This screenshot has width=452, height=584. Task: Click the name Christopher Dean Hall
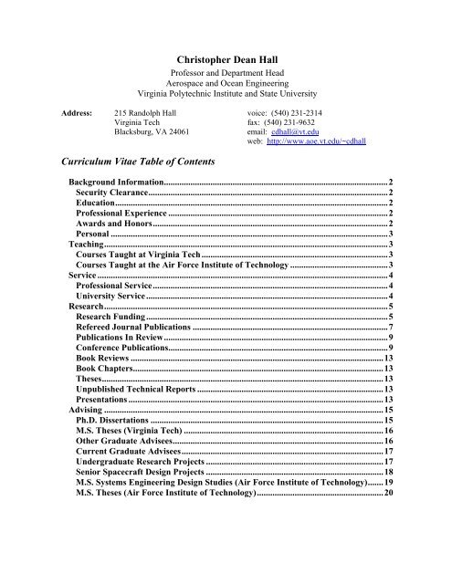[226, 57]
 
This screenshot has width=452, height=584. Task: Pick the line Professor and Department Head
[226, 71]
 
